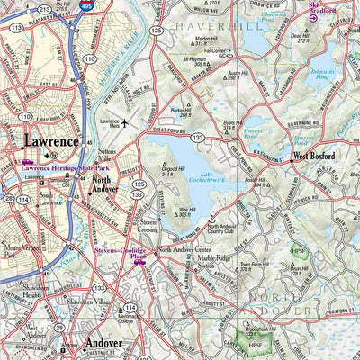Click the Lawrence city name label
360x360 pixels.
tap(51, 141)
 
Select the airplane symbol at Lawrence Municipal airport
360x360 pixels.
tap(125, 121)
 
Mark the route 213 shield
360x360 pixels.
tap(60, 36)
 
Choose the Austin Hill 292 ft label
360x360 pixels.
tap(237, 75)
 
